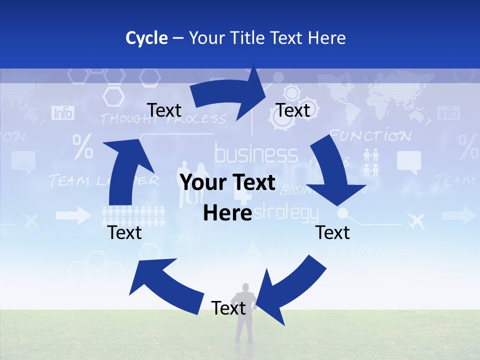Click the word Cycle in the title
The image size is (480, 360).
(146, 38)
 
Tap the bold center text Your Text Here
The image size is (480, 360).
(227, 198)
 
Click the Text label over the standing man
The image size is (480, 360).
(228, 308)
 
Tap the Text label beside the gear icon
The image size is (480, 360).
(293, 110)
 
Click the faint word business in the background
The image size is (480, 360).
(256, 154)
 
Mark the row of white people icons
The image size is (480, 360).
(133, 215)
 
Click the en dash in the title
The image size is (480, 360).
(178, 38)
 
